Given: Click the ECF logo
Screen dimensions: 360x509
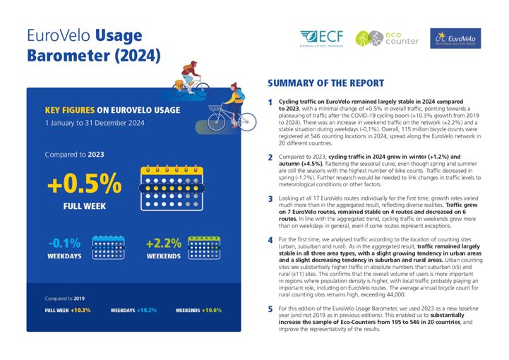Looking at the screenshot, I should pos(323,38).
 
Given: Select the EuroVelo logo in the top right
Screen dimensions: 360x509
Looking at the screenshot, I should pos(455,38).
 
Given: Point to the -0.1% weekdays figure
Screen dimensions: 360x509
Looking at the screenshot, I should pos(64,244).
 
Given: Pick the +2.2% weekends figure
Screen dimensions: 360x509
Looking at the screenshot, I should pos(163,244).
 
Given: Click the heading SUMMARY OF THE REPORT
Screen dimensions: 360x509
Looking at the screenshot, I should pos(325,83).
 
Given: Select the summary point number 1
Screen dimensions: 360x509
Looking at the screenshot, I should pos(270,103).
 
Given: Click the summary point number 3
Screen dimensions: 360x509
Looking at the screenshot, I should pos(270,199).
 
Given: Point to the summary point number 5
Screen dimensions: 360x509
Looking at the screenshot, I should pos(270,309).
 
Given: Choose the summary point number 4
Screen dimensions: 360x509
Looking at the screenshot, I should pos(270,240).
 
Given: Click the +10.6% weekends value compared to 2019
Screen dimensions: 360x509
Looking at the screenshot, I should pos(211,310).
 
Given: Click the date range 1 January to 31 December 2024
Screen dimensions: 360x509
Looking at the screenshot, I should pos(94,123).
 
